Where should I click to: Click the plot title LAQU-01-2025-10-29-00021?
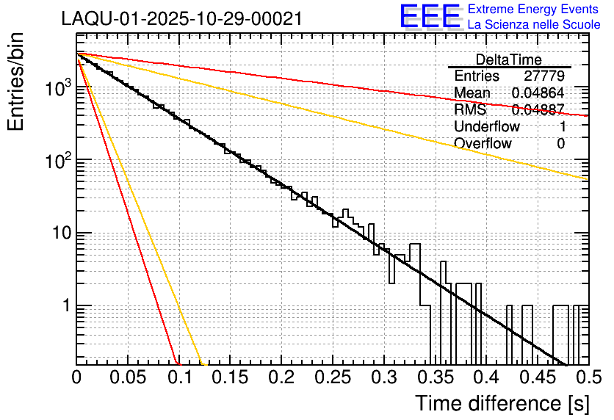182,19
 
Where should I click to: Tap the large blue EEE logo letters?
430,18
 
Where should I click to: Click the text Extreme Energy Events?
534,10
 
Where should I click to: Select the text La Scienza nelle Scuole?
534,25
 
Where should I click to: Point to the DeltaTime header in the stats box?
508,59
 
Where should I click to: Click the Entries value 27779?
544,76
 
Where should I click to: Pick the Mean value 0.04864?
538,93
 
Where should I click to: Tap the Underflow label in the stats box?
487,126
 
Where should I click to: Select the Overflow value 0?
560,143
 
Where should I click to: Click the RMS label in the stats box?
470,109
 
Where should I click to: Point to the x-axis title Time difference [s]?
501,403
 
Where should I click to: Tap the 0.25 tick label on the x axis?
332,378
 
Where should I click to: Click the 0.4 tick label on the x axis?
485,378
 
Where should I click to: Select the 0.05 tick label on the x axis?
128,378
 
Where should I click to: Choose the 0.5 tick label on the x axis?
588,378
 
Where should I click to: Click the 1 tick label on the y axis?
65,306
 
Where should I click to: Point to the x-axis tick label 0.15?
230,378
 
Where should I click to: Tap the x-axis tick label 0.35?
434,378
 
